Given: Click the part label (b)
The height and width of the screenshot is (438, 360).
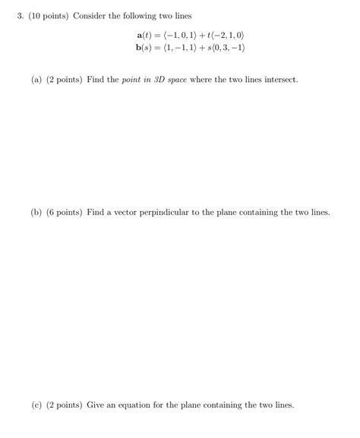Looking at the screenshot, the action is [x=36, y=213].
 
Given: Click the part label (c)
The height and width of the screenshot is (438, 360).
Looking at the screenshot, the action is [x=36, y=405].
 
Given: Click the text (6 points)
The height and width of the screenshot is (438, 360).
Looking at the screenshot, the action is [x=64, y=213].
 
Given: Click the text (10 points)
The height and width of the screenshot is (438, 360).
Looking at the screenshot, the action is [x=47, y=15].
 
